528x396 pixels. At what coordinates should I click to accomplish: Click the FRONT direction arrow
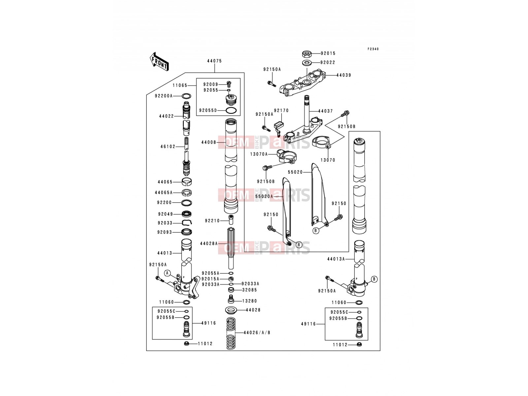point(159,62)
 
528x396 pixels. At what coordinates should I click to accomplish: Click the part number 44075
point(214,61)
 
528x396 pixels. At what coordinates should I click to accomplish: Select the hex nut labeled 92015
point(307,53)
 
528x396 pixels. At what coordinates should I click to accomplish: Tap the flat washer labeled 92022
point(307,63)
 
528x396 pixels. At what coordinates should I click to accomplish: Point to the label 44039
point(344,75)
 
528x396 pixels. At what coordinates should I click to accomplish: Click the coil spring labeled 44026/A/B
point(231,333)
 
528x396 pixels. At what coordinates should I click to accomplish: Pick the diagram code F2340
point(373,49)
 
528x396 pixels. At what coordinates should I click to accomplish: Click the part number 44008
point(209,142)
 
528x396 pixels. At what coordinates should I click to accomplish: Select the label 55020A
point(264,196)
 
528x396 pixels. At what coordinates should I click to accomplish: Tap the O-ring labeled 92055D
point(231,111)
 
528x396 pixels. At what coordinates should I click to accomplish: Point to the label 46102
point(168,147)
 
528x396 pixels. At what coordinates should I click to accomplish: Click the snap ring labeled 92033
point(186,223)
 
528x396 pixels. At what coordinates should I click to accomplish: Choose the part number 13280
point(250,301)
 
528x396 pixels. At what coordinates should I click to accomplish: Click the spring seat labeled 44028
point(231,310)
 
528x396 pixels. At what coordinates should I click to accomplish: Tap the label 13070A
point(259,154)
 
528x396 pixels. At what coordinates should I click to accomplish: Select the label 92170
point(281,111)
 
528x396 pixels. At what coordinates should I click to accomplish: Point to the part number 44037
point(325,111)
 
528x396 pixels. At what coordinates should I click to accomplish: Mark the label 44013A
point(336,259)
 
